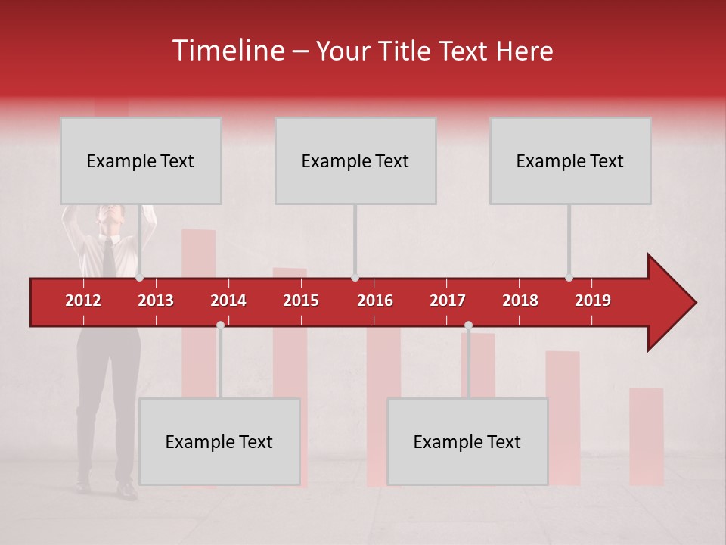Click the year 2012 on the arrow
[x=83, y=301]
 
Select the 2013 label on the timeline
[x=156, y=301]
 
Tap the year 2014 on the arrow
[x=228, y=301]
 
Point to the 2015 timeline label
[x=301, y=301]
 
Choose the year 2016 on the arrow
[x=375, y=301]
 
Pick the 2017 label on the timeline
[x=448, y=301]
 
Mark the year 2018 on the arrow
[x=520, y=301]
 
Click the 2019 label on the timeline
[x=593, y=301]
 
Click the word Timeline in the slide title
[x=228, y=51]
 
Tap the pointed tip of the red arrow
[x=693, y=303]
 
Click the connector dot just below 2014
[x=220, y=325]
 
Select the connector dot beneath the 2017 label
[x=468, y=325]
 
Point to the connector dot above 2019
[x=569, y=278]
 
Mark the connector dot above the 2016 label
[x=355, y=278]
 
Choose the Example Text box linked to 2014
[x=219, y=441]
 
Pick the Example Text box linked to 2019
[x=570, y=160]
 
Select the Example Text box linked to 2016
[x=355, y=160]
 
